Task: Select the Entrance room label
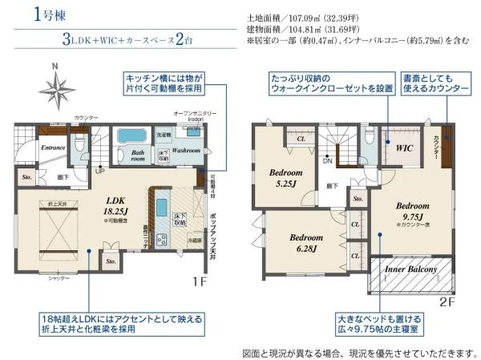[x=31, y=148]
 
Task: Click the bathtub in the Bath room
[x=130, y=136]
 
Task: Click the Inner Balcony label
[x=411, y=270]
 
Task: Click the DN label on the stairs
[x=327, y=160]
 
